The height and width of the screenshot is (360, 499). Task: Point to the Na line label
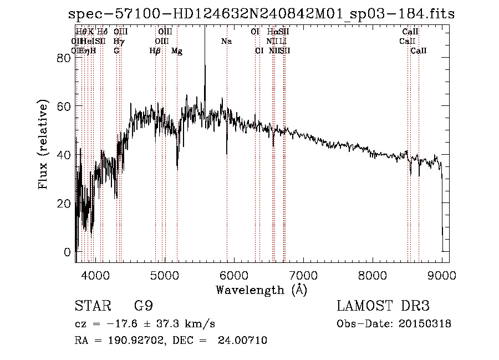click(226, 42)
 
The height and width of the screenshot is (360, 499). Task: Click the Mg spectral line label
click(177, 51)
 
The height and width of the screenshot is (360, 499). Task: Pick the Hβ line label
click(155, 51)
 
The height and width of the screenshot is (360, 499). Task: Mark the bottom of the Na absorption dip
click(227, 153)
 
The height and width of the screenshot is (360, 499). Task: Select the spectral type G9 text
click(144, 307)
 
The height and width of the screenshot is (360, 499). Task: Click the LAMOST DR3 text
click(383, 307)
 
